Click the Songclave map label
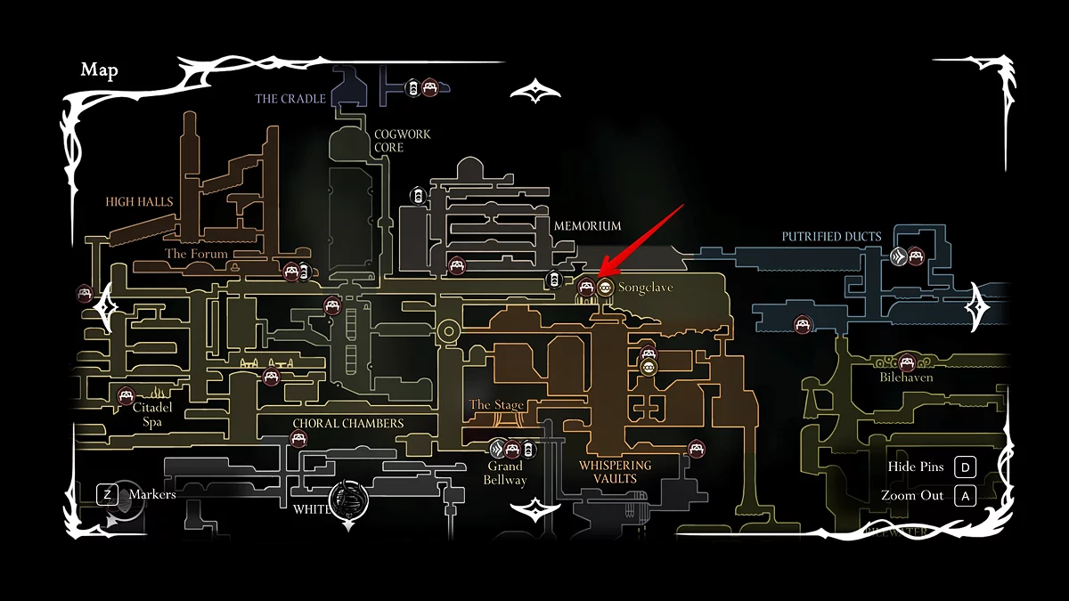click(x=646, y=288)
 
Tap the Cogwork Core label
click(x=402, y=141)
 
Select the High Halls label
click(x=139, y=202)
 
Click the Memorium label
click(x=587, y=226)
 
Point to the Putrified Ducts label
click(x=831, y=237)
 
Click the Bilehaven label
click(x=907, y=378)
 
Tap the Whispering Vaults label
click(x=615, y=472)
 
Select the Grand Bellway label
click(x=505, y=473)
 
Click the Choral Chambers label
click(x=348, y=424)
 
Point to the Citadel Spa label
click(x=152, y=415)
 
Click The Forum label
click(x=197, y=254)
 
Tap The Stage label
click(x=496, y=405)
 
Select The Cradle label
click(x=290, y=99)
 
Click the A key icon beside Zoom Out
click(x=964, y=495)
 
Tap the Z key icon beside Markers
click(x=107, y=494)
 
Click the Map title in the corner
click(x=99, y=71)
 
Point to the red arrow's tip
click(x=598, y=275)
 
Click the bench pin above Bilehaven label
click(x=907, y=362)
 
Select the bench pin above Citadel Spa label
click(x=126, y=396)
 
